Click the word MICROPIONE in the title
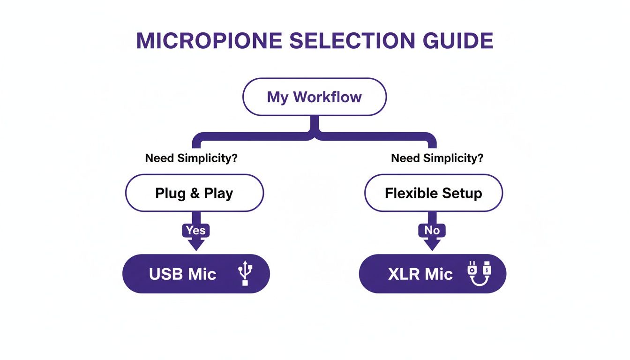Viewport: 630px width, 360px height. coord(209,41)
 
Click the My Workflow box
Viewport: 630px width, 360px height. coord(314,97)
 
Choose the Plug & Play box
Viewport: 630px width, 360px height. coord(194,193)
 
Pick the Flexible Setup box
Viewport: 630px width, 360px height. coord(433,193)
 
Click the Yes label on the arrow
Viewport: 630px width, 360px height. coord(195,230)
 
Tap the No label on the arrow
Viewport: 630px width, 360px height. coord(432,230)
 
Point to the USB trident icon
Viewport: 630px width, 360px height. coord(245,274)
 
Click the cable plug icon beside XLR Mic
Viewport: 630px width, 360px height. coord(479,274)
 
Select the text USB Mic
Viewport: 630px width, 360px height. coord(182,274)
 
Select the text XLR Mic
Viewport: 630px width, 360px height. coord(420,274)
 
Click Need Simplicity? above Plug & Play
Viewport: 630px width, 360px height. coord(191,158)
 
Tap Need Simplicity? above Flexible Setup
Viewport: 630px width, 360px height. coord(437,158)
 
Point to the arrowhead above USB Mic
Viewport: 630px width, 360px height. coord(195,244)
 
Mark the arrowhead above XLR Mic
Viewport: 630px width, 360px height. coord(432,244)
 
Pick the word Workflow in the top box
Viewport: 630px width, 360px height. coord(327,97)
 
